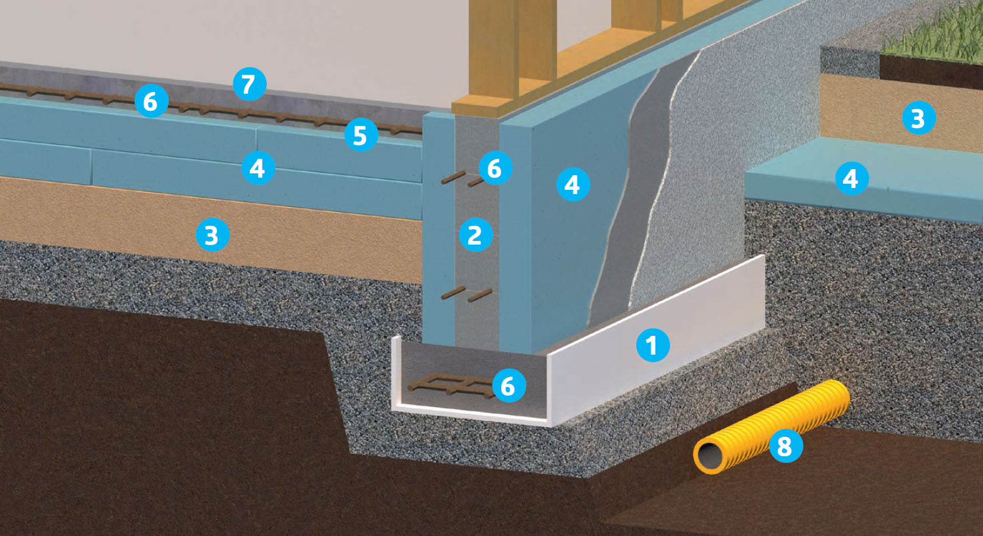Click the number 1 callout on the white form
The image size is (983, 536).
click(x=652, y=345)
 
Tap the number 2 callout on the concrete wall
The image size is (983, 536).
click(x=474, y=235)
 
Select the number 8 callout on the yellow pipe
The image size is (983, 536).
click(x=785, y=446)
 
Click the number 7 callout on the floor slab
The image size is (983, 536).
click(x=248, y=84)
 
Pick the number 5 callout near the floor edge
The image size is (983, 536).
click(x=360, y=135)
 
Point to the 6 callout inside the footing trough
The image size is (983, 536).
click(x=508, y=386)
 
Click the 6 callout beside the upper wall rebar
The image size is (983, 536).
click(x=495, y=168)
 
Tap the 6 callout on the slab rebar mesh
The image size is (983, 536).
click(x=150, y=101)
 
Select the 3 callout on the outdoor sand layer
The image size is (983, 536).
click(x=918, y=118)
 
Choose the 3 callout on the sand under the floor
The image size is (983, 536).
click(x=211, y=235)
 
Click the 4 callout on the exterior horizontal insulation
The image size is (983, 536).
click(x=851, y=178)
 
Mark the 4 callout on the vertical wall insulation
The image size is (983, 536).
click(x=573, y=184)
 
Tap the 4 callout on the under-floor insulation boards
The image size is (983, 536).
click(x=257, y=168)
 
